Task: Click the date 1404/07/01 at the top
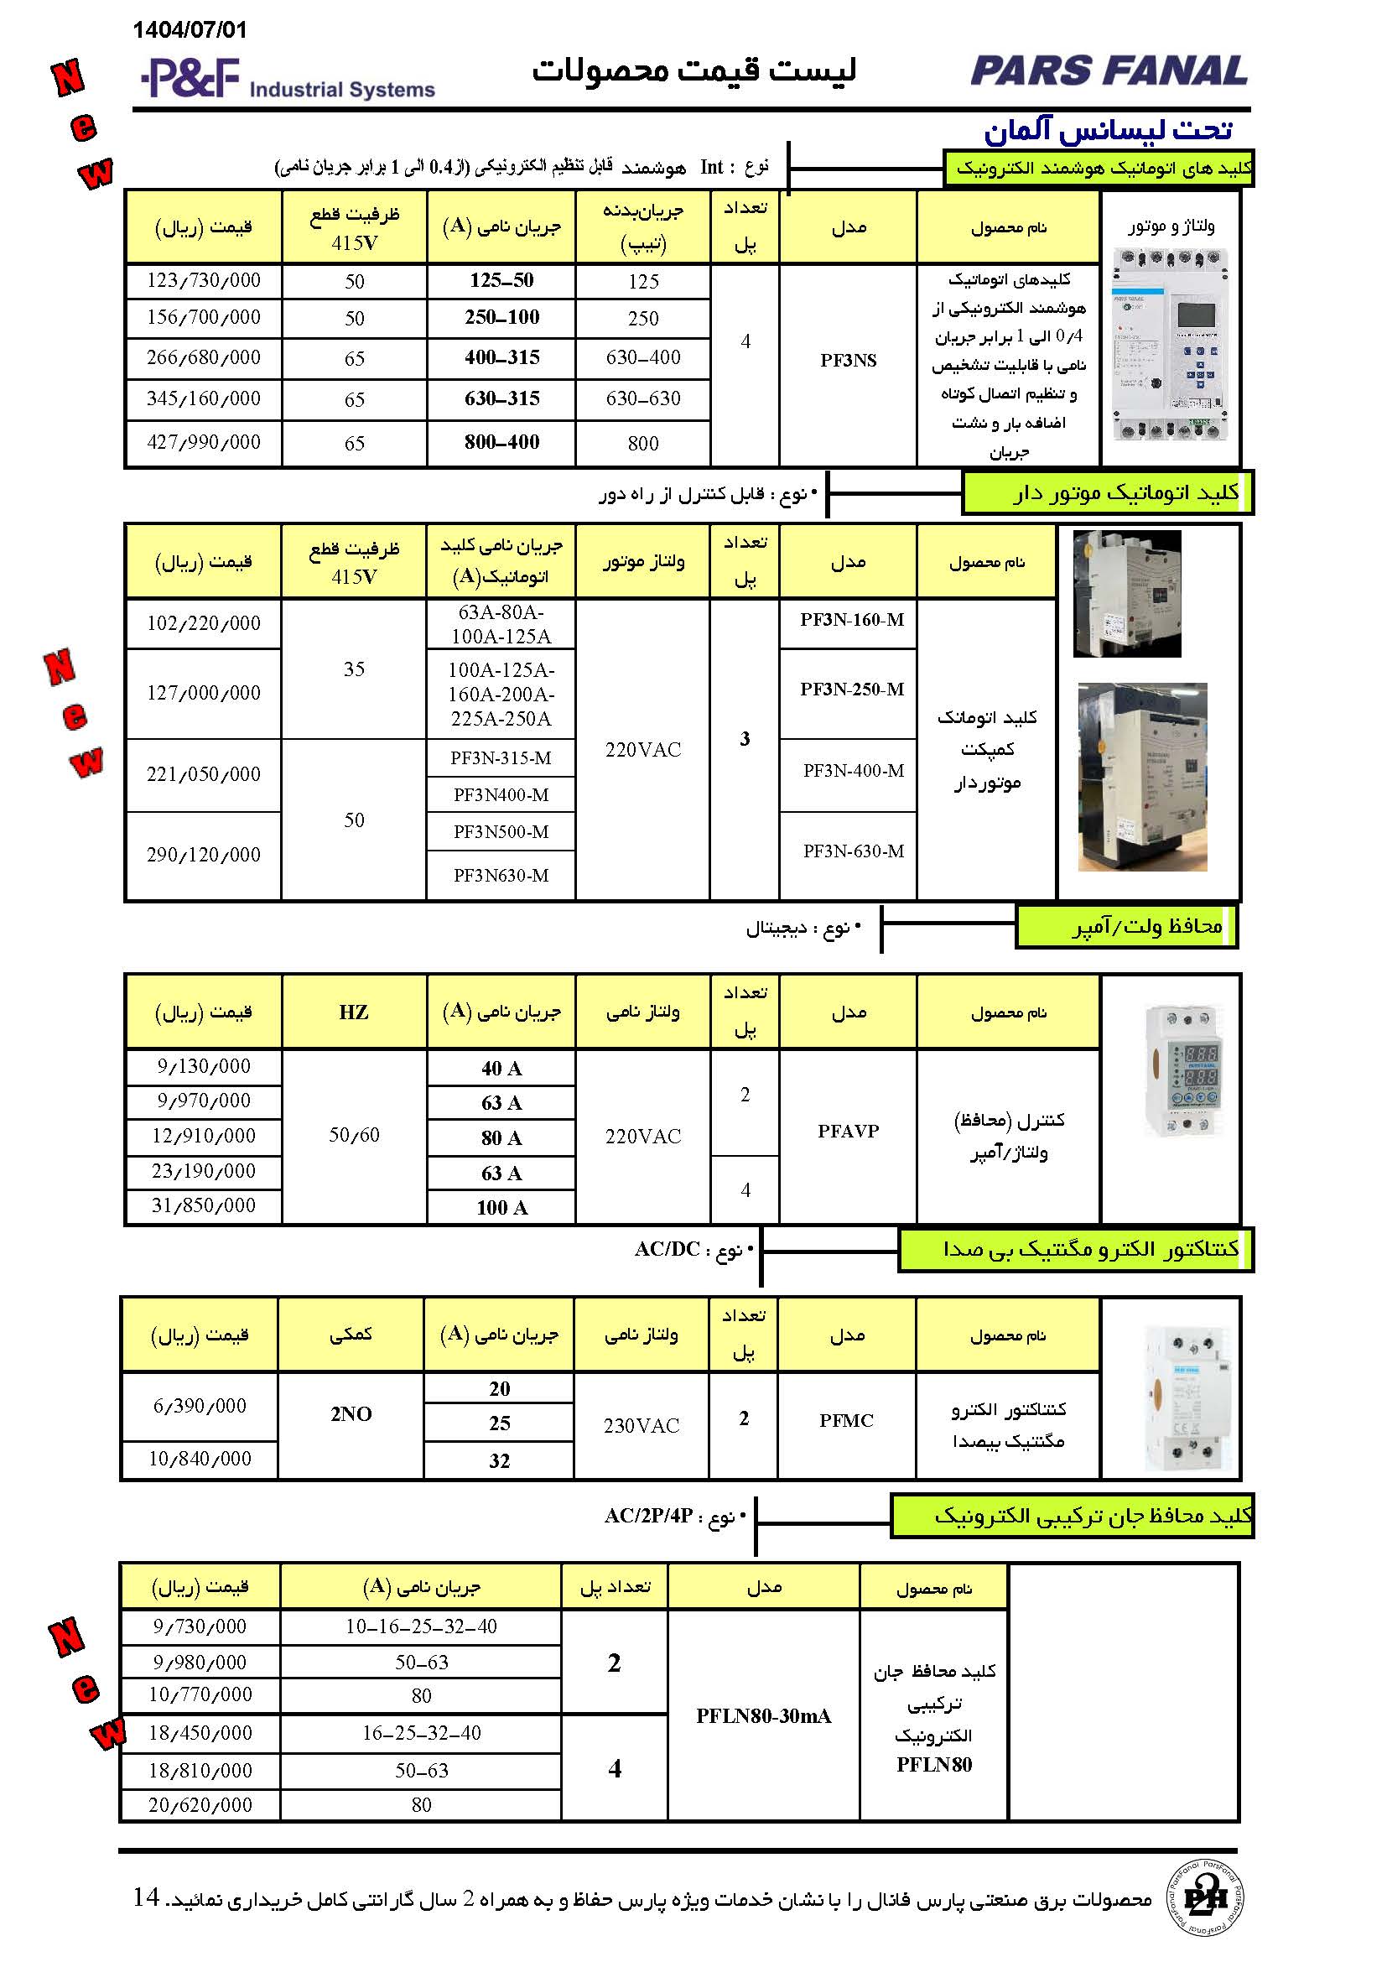190,30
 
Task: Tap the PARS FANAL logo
1109,71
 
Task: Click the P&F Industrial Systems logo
288,79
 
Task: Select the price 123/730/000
203,280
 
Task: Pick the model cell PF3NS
848,361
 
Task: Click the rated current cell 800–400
501,442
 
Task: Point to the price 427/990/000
203,442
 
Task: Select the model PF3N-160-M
851,620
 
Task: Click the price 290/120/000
203,855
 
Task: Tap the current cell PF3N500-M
501,831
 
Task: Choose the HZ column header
354,1012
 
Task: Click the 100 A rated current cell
501,1207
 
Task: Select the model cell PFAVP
848,1132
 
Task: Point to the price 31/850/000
203,1205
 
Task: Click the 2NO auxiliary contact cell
351,1414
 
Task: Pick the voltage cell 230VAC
642,1425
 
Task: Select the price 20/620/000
200,1805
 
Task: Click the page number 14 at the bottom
146,1897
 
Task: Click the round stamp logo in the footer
1204,1898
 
